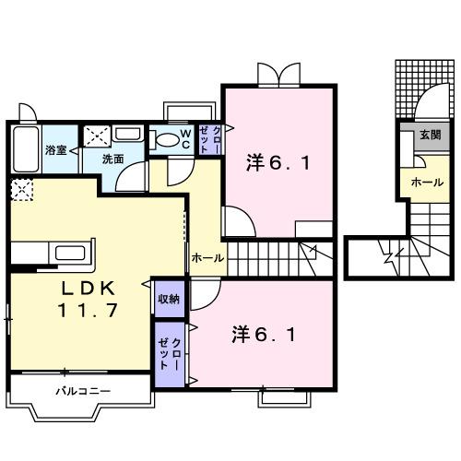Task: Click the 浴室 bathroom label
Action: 56,149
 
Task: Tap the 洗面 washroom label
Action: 112,159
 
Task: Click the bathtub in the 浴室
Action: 25,149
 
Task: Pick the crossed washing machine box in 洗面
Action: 95,136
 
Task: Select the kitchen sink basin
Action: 70,254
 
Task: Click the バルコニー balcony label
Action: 82,391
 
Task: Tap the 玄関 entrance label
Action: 430,135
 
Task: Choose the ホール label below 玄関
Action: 427,182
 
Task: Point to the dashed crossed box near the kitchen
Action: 19,191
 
